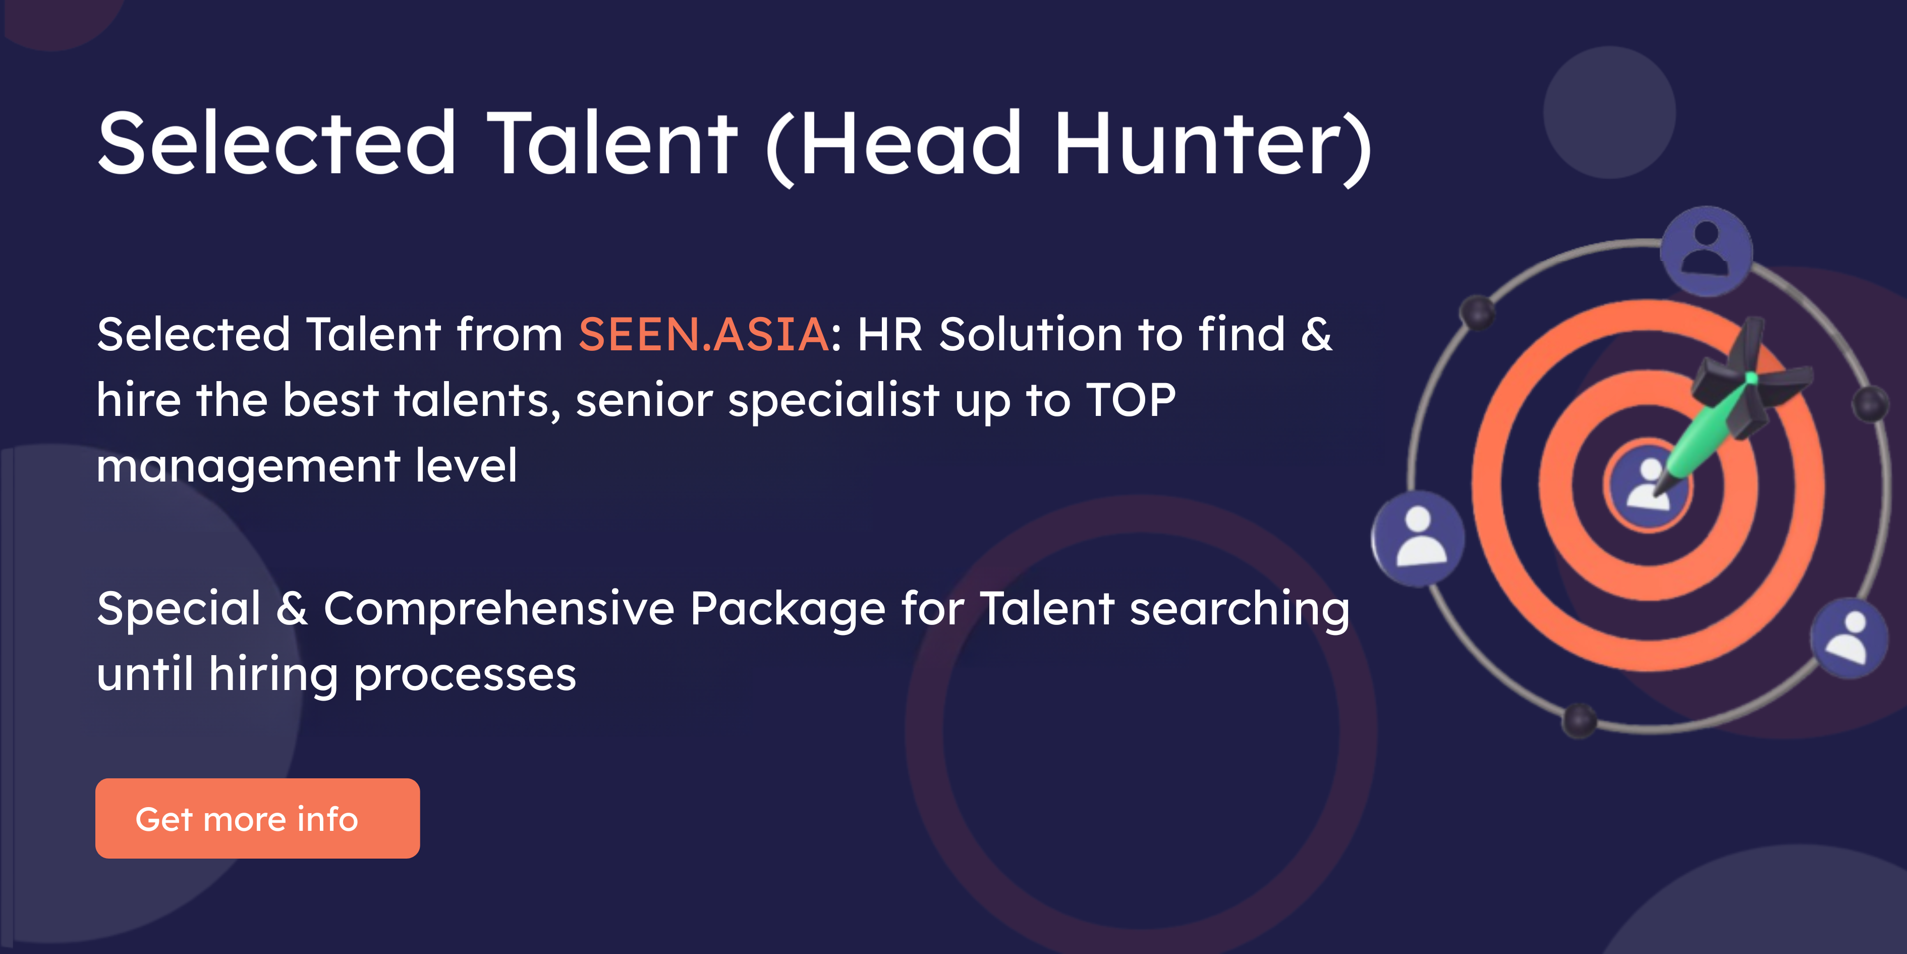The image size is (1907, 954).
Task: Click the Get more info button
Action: click(x=258, y=818)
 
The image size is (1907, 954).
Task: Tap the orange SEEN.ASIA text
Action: click(x=703, y=334)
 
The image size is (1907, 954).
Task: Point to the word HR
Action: click(x=890, y=334)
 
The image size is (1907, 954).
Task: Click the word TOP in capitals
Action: click(x=1131, y=400)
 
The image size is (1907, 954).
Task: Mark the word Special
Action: click(x=179, y=609)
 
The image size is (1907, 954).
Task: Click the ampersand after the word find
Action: click(x=1316, y=334)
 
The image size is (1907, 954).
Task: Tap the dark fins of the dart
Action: click(x=1747, y=378)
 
